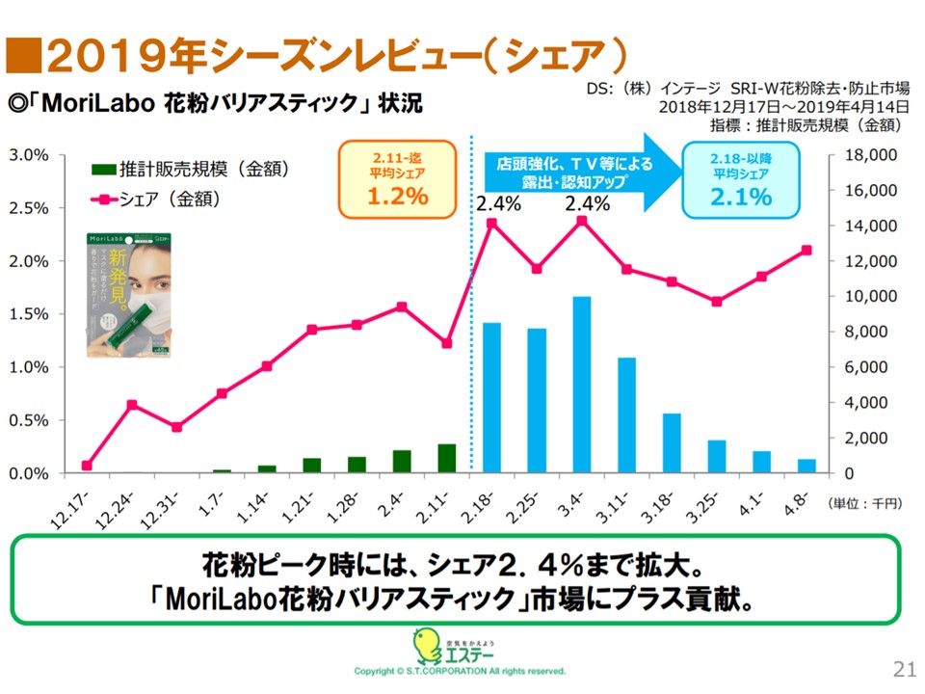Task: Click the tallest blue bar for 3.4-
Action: tap(581, 385)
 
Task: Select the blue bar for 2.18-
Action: tap(491, 398)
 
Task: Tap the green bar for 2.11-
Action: tap(446, 458)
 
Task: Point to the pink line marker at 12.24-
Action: tap(132, 405)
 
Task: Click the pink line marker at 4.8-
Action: tap(806, 250)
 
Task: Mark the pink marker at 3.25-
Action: tap(716, 302)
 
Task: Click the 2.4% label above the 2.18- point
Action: tap(498, 203)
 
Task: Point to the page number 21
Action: tap(904, 669)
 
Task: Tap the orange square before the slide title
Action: tap(20, 55)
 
